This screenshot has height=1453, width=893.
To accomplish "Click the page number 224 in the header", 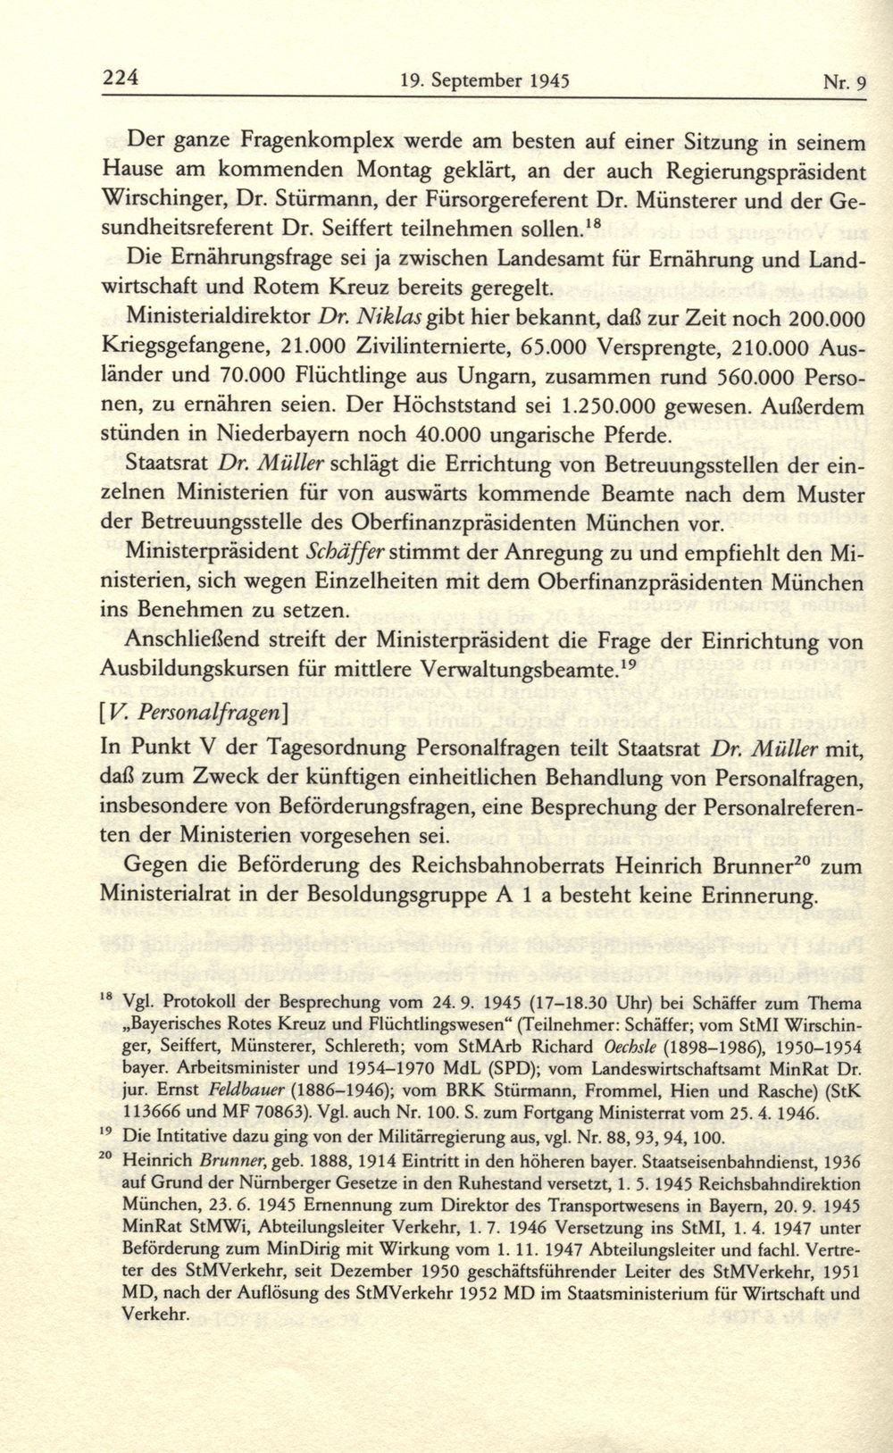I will click(x=120, y=78).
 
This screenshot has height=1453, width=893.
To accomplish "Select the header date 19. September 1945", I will click(x=486, y=81).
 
